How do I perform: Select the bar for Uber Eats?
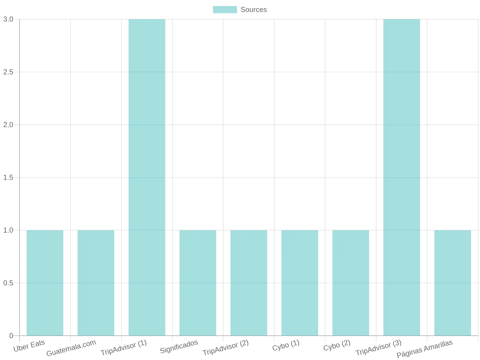click(45, 283)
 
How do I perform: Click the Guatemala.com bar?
click(96, 283)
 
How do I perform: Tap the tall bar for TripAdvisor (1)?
click(147, 177)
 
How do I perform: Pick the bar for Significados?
click(198, 283)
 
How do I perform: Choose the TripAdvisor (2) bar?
click(249, 283)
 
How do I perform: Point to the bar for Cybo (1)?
click(300, 283)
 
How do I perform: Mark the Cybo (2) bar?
click(350, 283)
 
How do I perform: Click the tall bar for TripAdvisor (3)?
click(401, 177)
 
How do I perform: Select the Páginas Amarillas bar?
click(452, 283)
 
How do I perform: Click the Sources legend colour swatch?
click(225, 10)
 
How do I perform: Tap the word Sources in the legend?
click(254, 10)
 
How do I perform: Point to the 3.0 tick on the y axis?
click(8, 19)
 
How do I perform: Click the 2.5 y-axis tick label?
click(8, 72)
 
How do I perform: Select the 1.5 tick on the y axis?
click(8, 177)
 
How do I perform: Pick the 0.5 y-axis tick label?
click(8, 283)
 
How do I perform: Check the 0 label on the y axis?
click(11, 335)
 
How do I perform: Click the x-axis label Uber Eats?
click(29, 346)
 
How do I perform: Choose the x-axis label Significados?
click(179, 346)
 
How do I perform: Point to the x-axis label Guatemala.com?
click(71, 348)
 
